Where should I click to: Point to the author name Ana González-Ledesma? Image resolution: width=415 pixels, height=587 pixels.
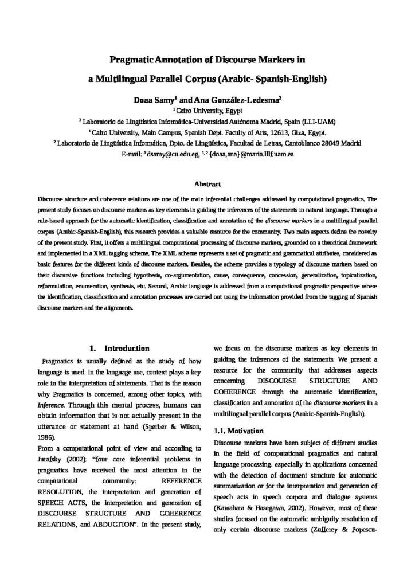pyautogui.click(x=236, y=99)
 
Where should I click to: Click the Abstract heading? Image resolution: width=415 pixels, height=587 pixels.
pyautogui.click(x=207, y=184)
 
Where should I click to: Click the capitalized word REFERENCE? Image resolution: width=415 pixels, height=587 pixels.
pyautogui.click(x=182, y=480)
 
